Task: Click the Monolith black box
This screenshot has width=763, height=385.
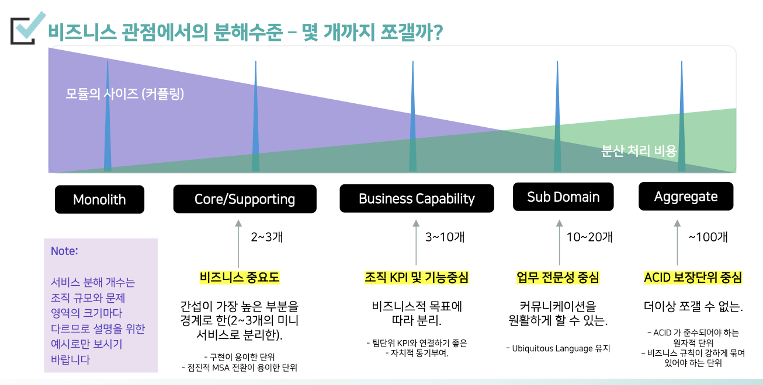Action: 99,199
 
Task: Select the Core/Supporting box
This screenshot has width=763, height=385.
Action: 245,199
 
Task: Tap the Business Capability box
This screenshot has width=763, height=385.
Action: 417,198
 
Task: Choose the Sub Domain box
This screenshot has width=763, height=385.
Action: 563,197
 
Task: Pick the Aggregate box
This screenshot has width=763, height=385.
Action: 686,196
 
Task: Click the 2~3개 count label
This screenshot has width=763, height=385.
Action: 267,237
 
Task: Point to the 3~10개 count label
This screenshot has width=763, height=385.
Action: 445,237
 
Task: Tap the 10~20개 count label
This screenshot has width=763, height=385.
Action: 589,237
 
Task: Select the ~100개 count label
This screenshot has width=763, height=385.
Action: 708,237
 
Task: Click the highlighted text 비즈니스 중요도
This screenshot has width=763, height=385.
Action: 240,277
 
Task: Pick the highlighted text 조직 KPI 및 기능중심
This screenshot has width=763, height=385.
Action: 417,277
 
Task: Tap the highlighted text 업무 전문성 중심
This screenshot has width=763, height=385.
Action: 557,277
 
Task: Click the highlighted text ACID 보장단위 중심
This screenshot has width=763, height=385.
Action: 693,277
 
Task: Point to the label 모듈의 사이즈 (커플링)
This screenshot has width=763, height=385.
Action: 124,93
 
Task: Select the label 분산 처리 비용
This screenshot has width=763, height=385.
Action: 639,150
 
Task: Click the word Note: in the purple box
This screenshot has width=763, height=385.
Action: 64,251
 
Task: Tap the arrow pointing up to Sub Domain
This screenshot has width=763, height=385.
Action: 559,243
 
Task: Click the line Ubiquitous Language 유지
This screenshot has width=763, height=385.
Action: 558,348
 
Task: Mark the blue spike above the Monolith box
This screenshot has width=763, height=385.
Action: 107,116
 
